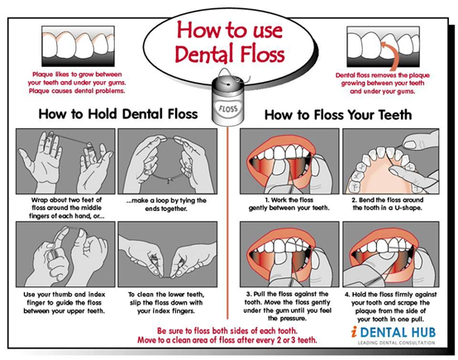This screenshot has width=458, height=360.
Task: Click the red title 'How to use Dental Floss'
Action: [x=230, y=42]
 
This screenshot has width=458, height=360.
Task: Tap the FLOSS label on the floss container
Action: [x=228, y=108]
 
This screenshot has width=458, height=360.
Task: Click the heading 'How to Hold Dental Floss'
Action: [x=118, y=113]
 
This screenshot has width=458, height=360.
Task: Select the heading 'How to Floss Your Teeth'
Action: [x=338, y=115]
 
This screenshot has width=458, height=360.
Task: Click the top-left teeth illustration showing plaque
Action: [x=78, y=46]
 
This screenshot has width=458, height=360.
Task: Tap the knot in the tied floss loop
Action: [x=169, y=181]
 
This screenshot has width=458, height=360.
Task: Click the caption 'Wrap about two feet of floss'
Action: [x=67, y=204]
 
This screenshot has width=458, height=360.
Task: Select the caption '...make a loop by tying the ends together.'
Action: [x=166, y=204]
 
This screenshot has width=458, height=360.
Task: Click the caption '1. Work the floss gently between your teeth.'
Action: [x=289, y=204]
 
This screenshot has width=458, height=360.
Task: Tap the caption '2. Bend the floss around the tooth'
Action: [x=387, y=204]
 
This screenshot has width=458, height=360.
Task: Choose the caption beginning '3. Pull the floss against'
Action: [x=287, y=306]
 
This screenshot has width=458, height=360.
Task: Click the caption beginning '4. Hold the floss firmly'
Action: [x=390, y=306]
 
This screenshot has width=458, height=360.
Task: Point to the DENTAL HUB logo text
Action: [x=396, y=333]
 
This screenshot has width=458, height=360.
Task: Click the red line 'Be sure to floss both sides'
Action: [x=227, y=331]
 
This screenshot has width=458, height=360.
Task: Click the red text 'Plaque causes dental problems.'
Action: [x=77, y=91]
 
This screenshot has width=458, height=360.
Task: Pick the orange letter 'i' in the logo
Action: [x=354, y=332]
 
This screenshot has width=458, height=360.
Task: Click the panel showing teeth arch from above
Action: [x=391, y=161]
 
